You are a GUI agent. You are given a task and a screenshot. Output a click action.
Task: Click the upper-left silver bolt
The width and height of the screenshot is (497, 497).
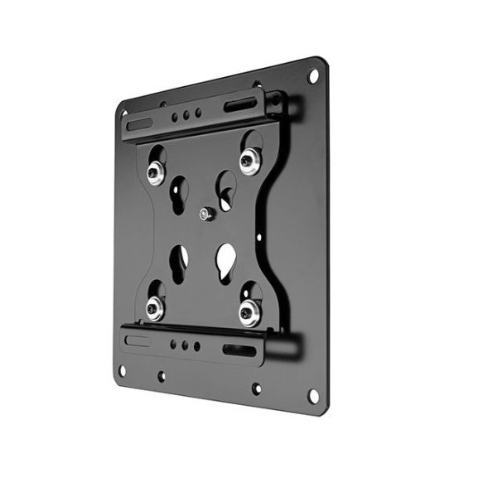click(156, 172)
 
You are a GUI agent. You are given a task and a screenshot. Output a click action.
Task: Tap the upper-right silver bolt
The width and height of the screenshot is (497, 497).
click(248, 159)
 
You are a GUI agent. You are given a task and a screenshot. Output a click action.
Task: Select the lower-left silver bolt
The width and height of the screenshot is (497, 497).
click(155, 309)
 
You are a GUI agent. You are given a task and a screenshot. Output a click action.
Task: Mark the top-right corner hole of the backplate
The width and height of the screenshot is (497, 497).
click(313, 76)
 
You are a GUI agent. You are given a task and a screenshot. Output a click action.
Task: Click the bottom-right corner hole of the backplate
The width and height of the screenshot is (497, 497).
click(313, 396)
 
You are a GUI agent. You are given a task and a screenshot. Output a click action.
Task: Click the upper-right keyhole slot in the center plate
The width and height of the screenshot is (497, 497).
click(224, 190)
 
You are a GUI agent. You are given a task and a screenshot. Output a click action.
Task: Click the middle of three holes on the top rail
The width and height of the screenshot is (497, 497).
click(186, 114)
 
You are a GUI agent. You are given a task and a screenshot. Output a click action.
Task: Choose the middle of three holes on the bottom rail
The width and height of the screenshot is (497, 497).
click(184, 345)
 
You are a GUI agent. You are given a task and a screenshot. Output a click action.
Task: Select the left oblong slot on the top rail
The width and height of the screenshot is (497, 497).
click(139, 124)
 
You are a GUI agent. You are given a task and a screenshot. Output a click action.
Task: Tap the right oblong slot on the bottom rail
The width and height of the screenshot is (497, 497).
click(239, 350)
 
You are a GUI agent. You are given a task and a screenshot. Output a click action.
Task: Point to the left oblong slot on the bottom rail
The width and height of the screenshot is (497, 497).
click(138, 340)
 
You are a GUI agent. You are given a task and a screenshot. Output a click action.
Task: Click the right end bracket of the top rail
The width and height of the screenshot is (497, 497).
click(274, 104)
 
